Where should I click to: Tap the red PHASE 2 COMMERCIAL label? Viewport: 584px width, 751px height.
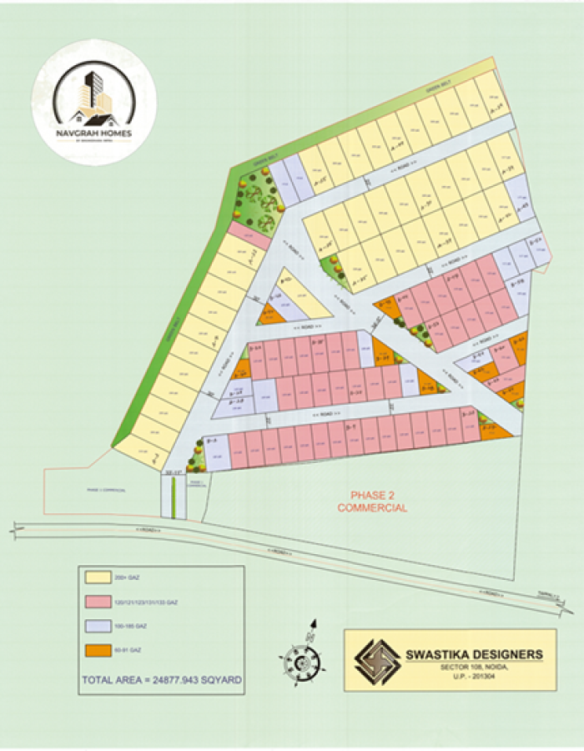(x=372, y=501)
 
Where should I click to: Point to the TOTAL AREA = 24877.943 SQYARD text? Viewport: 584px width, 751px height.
(x=162, y=680)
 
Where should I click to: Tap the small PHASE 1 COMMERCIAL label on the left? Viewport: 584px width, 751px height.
(x=106, y=491)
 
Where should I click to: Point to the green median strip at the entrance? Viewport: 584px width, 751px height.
(x=173, y=497)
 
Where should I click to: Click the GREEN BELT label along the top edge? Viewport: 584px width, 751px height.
(x=437, y=85)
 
